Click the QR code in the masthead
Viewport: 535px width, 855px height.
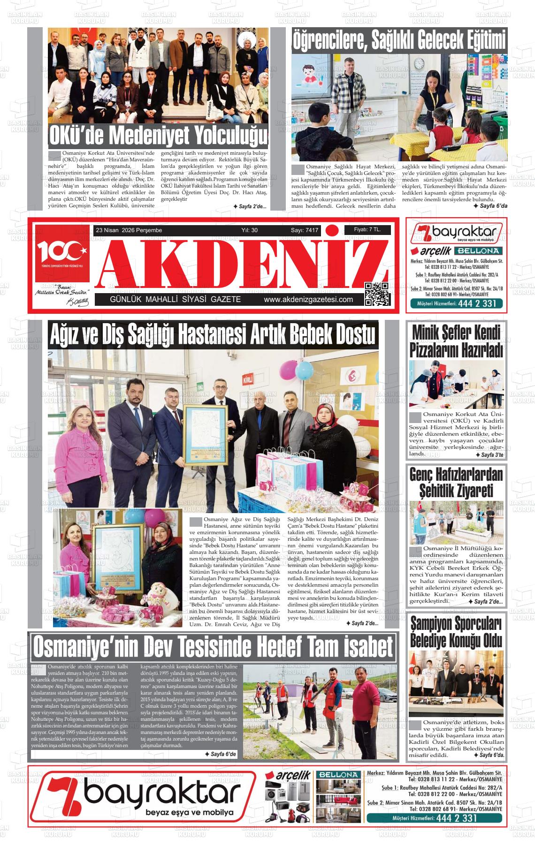click(377, 294)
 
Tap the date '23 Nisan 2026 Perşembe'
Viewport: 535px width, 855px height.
click(129, 230)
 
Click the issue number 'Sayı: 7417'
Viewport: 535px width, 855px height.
click(305, 230)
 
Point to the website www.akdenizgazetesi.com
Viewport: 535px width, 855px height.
click(308, 300)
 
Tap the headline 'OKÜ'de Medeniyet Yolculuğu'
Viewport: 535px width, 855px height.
click(158, 136)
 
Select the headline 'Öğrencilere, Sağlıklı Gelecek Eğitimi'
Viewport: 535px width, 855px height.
click(399, 40)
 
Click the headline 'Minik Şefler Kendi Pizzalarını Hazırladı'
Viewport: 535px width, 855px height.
click(456, 341)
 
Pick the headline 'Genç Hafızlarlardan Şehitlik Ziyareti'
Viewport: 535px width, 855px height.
click(456, 483)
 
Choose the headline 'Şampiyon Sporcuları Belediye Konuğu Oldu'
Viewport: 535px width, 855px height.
click(456, 632)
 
